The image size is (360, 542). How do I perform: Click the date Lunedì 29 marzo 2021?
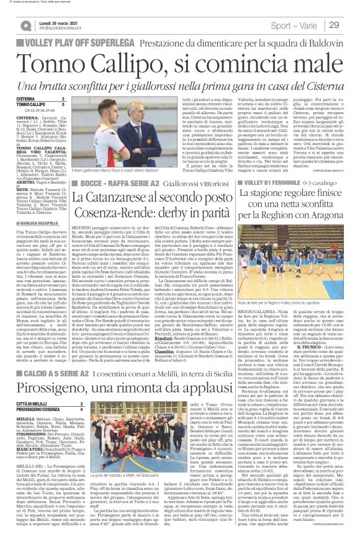[x=55, y=22]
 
